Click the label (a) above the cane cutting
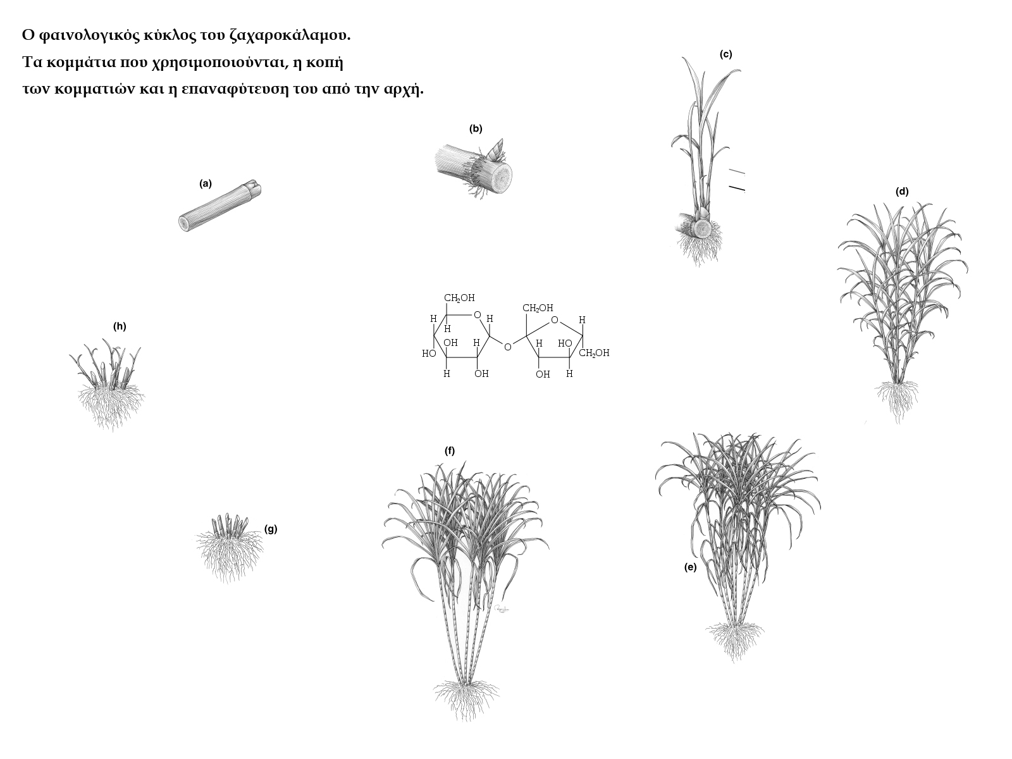(x=205, y=184)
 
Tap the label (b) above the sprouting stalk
(x=476, y=129)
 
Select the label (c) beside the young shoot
(x=725, y=54)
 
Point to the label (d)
(x=902, y=192)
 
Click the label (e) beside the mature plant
(x=690, y=567)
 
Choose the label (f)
(x=450, y=451)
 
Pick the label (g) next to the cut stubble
(x=271, y=529)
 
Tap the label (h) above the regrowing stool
(x=120, y=326)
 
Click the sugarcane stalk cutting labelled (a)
(x=220, y=206)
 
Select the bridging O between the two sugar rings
(x=508, y=347)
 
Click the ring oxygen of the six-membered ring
(x=477, y=315)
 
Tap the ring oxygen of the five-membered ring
(x=555, y=320)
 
